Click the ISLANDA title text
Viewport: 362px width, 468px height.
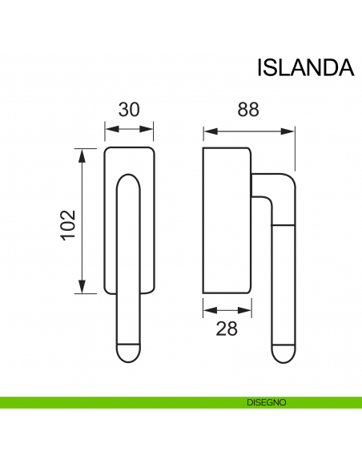(x=305, y=67)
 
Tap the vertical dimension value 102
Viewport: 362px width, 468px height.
(x=68, y=220)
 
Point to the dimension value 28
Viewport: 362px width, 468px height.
(x=227, y=329)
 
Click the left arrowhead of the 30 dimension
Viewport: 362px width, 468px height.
(x=109, y=128)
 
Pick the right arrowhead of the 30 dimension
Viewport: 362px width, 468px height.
(x=151, y=128)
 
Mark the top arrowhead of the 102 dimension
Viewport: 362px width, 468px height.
(x=81, y=151)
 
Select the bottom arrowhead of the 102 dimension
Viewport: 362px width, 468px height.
(x=81, y=290)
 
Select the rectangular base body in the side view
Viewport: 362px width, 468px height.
(x=227, y=220)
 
